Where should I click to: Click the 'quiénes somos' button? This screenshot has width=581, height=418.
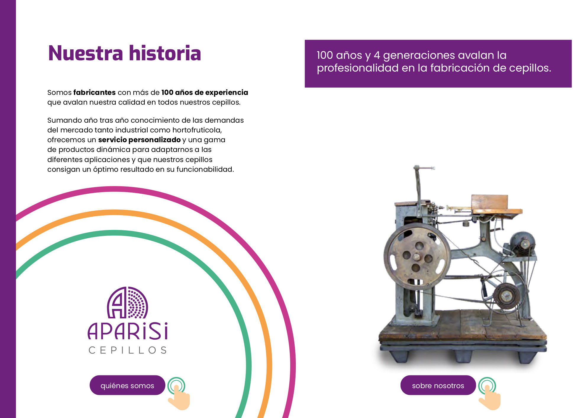[127, 385]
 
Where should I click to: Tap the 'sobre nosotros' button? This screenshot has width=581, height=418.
[438, 385]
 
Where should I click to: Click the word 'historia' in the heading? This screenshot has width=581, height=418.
[165, 53]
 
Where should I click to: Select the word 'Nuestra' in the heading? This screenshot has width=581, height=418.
[85, 54]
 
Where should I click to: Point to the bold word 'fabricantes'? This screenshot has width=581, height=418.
[94, 92]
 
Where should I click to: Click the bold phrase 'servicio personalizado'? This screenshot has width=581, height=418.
[139, 140]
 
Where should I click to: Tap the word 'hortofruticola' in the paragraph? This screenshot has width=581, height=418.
[197, 130]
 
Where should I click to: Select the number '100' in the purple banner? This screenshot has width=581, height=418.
[325, 55]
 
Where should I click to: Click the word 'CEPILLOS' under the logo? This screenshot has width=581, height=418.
[128, 350]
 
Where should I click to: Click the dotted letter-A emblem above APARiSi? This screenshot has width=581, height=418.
[128, 302]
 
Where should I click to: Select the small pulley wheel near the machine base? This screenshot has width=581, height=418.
[506, 296]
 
